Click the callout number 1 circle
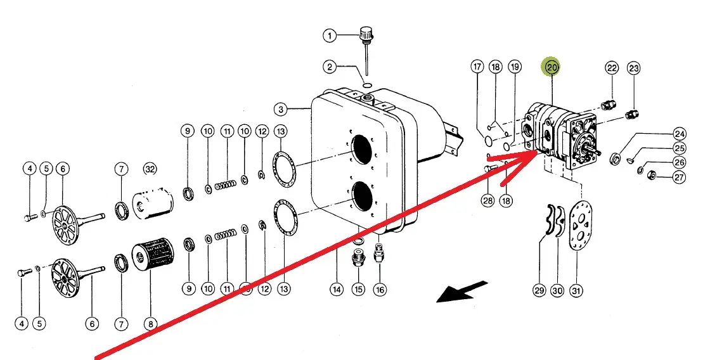pos(329,35)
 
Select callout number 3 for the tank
pos(281,109)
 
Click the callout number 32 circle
pos(150,169)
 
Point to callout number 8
pos(150,324)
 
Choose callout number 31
pos(576,291)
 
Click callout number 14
pos(337,290)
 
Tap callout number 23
pos(634,68)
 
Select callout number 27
pos(679,177)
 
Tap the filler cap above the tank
pos(366,33)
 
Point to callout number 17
pos(477,67)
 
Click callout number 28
pos(487,201)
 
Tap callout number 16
pos(379,290)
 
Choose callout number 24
pos(680,134)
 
